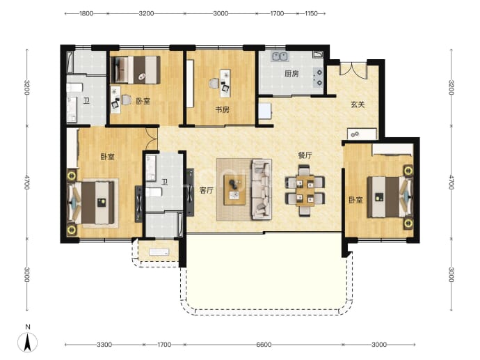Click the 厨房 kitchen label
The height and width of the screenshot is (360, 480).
[x=291, y=74]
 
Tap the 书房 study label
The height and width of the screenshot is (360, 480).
[x=222, y=109]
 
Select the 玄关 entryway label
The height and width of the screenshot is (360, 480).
[x=358, y=104]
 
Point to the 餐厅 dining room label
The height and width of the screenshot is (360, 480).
[x=305, y=155]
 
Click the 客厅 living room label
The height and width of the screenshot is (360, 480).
[x=207, y=191]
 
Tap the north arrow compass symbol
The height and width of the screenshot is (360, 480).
[x=28, y=342]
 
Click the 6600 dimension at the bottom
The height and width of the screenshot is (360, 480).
[x=264, y=345]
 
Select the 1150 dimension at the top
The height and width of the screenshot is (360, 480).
[x=311, y=13]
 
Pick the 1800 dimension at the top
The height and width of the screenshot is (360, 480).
[x=86, y=13]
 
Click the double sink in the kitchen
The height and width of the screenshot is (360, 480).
[x=280, y=56]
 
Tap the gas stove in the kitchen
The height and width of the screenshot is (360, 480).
[x=319, y=77]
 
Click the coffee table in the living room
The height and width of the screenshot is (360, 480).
[x=234, y=190]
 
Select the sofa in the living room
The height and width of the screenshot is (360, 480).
[x=261, y=189]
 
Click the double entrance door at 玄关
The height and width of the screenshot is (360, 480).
[x=353, y=69]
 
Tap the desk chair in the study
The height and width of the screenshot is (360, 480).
[x=214, y=84]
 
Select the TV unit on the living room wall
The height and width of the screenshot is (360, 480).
[x=190, y=192]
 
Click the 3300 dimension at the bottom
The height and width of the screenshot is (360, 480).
[x=104, y=345]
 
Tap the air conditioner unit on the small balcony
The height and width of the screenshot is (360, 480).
[x=159, y=252]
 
